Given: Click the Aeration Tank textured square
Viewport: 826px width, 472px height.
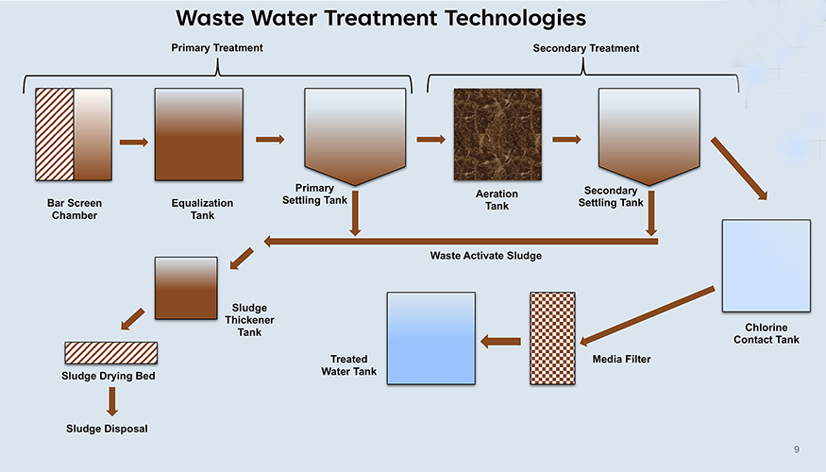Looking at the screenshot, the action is [x=497, y=134].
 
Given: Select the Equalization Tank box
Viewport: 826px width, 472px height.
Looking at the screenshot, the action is [x=199, y=134].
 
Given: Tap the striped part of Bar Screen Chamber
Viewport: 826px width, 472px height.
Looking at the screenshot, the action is [x=55, y=134].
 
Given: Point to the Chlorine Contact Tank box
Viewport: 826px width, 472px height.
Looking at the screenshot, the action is [x=767, y=265].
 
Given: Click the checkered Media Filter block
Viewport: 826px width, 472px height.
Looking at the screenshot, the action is [x=552, y=338].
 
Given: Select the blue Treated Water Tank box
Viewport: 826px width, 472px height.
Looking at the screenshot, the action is [x=431, y=338].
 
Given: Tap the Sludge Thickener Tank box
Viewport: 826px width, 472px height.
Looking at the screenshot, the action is [x=186, y=288].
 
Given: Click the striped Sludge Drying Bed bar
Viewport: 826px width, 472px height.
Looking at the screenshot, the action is [x=111, y=353].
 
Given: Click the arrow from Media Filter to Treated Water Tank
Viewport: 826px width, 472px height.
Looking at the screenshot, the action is [x=501, y=342].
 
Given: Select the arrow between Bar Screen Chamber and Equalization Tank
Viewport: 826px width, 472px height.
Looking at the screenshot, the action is [x=134, y=143].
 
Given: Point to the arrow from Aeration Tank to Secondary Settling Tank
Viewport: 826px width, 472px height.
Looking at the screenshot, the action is [x=566, y=140].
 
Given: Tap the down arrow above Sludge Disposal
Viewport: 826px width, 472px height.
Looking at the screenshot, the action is [x=112, y=401].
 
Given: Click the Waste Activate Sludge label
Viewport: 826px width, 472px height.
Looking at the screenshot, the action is [x=486, y=256].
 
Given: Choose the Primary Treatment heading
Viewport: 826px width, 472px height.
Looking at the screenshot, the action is [x=217, y=48].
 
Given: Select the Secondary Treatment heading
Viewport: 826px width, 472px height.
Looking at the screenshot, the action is [x=586, y=48].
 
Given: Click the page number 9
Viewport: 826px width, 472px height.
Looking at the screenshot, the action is [x=797, y=449].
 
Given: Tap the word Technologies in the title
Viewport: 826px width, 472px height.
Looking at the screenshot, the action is [x=515, y=19].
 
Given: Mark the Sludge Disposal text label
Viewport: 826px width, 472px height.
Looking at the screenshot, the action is [x=107, y=429].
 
